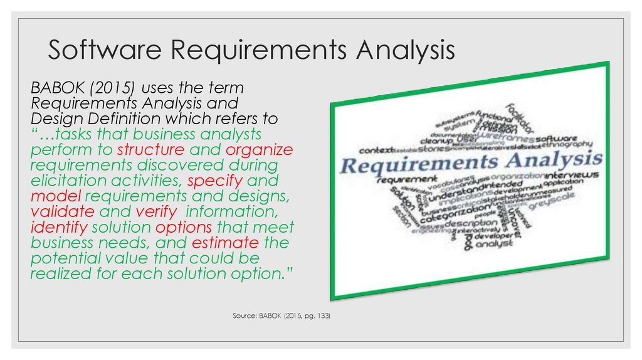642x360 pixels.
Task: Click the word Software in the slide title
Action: [x=96, y=50]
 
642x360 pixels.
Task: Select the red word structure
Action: [x=150, y=150]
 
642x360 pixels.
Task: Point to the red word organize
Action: [x=259, y=150]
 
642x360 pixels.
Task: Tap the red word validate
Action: [x=62, y=211]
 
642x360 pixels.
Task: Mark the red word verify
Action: [x=152, y=211]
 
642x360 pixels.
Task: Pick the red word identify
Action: [x=58, y=227]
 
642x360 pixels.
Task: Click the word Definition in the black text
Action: [x=122, y=119]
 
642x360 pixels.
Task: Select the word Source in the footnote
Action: [x=244, y=317]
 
